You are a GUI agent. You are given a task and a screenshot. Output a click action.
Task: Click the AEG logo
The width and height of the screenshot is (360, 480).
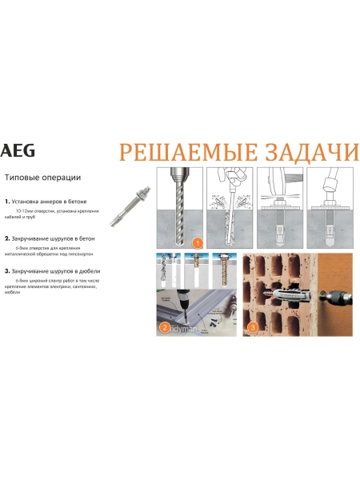click(x=14, y=150)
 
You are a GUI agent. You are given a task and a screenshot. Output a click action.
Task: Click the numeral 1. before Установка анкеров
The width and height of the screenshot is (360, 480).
click(x=7, y=202)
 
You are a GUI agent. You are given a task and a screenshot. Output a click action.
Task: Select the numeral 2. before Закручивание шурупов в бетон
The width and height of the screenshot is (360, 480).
click(x=7, y=238)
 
